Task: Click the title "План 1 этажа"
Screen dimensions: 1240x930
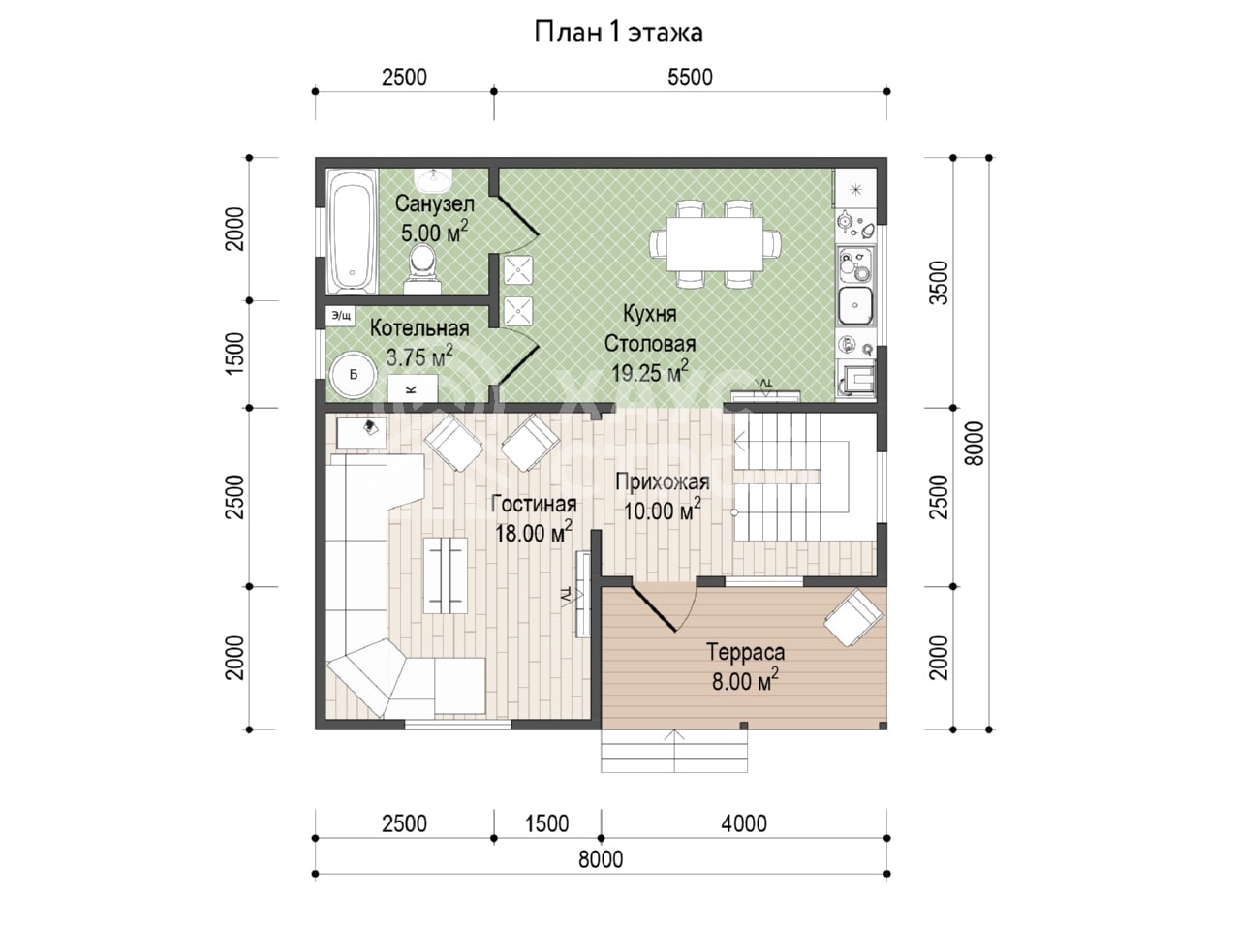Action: (618, 32)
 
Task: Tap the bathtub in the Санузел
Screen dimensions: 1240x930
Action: (352, 231)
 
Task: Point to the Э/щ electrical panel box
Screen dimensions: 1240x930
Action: (341, 316)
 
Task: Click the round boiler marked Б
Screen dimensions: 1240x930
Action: (353, 375)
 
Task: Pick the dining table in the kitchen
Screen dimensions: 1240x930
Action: (715, 244)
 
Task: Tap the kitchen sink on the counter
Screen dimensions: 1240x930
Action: (855, 305)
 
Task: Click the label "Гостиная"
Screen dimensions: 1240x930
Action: (534, 504)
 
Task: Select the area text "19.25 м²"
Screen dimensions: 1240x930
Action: (650, 372)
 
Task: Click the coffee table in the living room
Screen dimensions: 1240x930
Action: (447, 576)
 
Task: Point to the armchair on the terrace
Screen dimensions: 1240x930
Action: (853, 618)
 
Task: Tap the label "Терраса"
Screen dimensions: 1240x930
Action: (746, 652)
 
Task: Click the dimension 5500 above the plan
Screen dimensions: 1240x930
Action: (690, 77)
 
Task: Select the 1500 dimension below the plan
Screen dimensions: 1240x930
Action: (546, 823)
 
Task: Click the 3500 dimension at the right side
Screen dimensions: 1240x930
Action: (939, 282)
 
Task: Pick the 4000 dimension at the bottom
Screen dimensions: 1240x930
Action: (744, 823)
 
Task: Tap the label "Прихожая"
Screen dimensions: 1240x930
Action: (662, 481)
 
